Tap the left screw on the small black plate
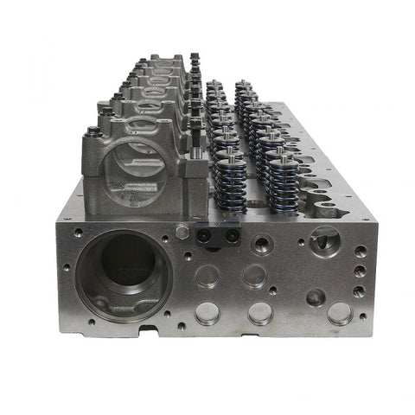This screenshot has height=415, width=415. [208, 233]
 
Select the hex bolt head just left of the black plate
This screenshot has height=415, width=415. [182, 232]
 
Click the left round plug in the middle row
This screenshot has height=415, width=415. [207, 277]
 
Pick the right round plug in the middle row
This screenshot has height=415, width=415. [253, 276]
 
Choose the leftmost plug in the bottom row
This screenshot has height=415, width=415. [207, 313]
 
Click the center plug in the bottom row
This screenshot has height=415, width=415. [260, 312]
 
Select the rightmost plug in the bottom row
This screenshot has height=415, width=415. [340, 313]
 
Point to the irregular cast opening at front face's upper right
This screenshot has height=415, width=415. [324, 239]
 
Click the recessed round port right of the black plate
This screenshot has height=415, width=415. [262, 244]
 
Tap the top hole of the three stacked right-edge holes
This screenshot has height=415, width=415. [360, 252]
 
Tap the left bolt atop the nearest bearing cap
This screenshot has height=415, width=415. [93, 132]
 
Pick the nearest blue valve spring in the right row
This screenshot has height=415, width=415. [282, 182]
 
